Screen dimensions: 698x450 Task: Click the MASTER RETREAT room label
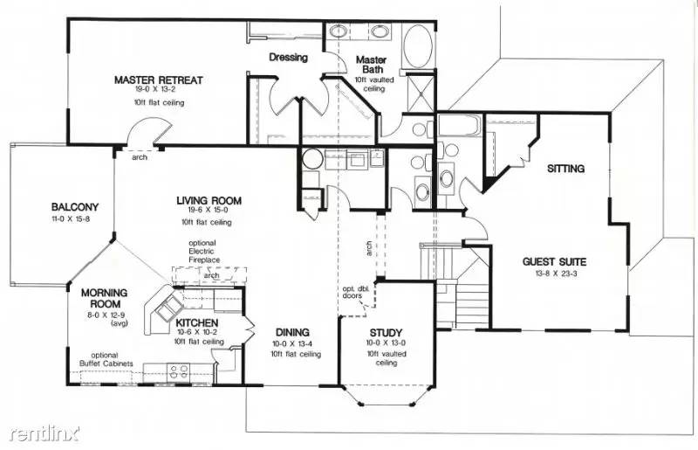pyautogui.click(x=159, y=80)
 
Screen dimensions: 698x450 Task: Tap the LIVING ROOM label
pyautogui.click(x=209, y=201)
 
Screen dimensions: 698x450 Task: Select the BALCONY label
pyautogui.click(x=75, y=207)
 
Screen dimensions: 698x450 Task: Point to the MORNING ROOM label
pyautogui.click(x=104, y=298)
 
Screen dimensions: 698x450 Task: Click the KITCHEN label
pyautogui.click(x=197, y=322)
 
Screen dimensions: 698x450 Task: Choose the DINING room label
pyautogui.click(x=292, y=332)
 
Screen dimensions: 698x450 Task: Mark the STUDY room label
pyautogui.click(x=386, y=333)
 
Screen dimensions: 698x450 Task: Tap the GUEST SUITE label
pyautogui.click(x=554, y=262)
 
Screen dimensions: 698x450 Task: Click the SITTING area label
pyautogui.click(x=565, y=169)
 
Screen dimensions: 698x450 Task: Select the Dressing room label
pyautogui.click(x=289, y=57)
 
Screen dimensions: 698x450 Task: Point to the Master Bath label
pyautogui.click(x=372, y=64)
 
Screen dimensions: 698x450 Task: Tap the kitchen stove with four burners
pyautogui.click(x=179, y=371)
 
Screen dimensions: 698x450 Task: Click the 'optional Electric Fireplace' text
pyautogui.click(x=202, y=252)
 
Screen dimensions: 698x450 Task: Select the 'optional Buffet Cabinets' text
pyautogui.click(x=106, y=359)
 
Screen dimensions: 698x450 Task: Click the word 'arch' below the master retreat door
pyautogui.click(x=140, y=157)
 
